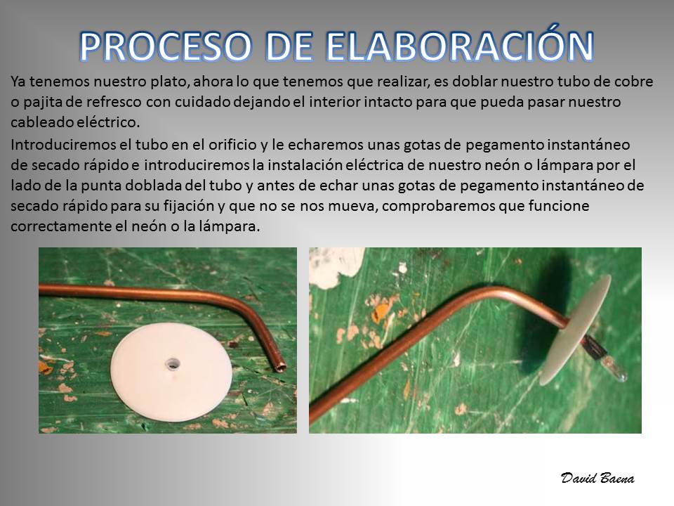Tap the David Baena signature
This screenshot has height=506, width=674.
coord(597,478)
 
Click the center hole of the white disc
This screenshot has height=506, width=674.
coord(173,363)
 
